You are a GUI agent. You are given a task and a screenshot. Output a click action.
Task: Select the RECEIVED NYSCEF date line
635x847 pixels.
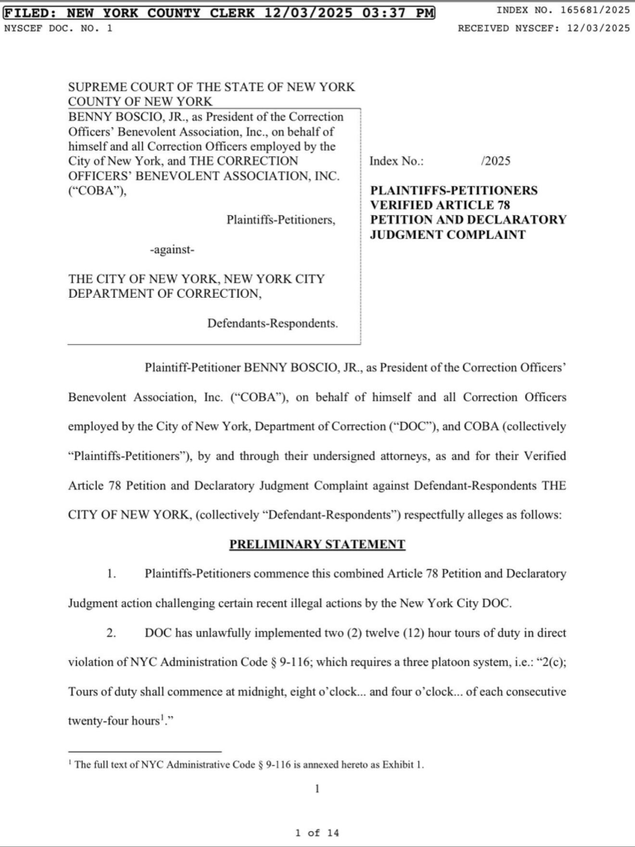coord(543,28)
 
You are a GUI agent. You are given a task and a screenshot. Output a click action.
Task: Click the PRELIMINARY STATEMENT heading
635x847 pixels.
coord(317,544)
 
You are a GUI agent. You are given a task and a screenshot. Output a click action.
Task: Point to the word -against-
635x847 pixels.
coord(172,249)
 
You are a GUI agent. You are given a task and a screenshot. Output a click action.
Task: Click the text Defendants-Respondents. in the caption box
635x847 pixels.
coord(272,323)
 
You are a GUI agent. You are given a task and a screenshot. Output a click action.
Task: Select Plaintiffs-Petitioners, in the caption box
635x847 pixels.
coord(281,220)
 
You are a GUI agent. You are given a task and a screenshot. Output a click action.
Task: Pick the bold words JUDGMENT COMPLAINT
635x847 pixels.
coord(447,234)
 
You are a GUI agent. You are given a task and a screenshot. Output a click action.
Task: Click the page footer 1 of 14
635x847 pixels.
coord(317,832)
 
